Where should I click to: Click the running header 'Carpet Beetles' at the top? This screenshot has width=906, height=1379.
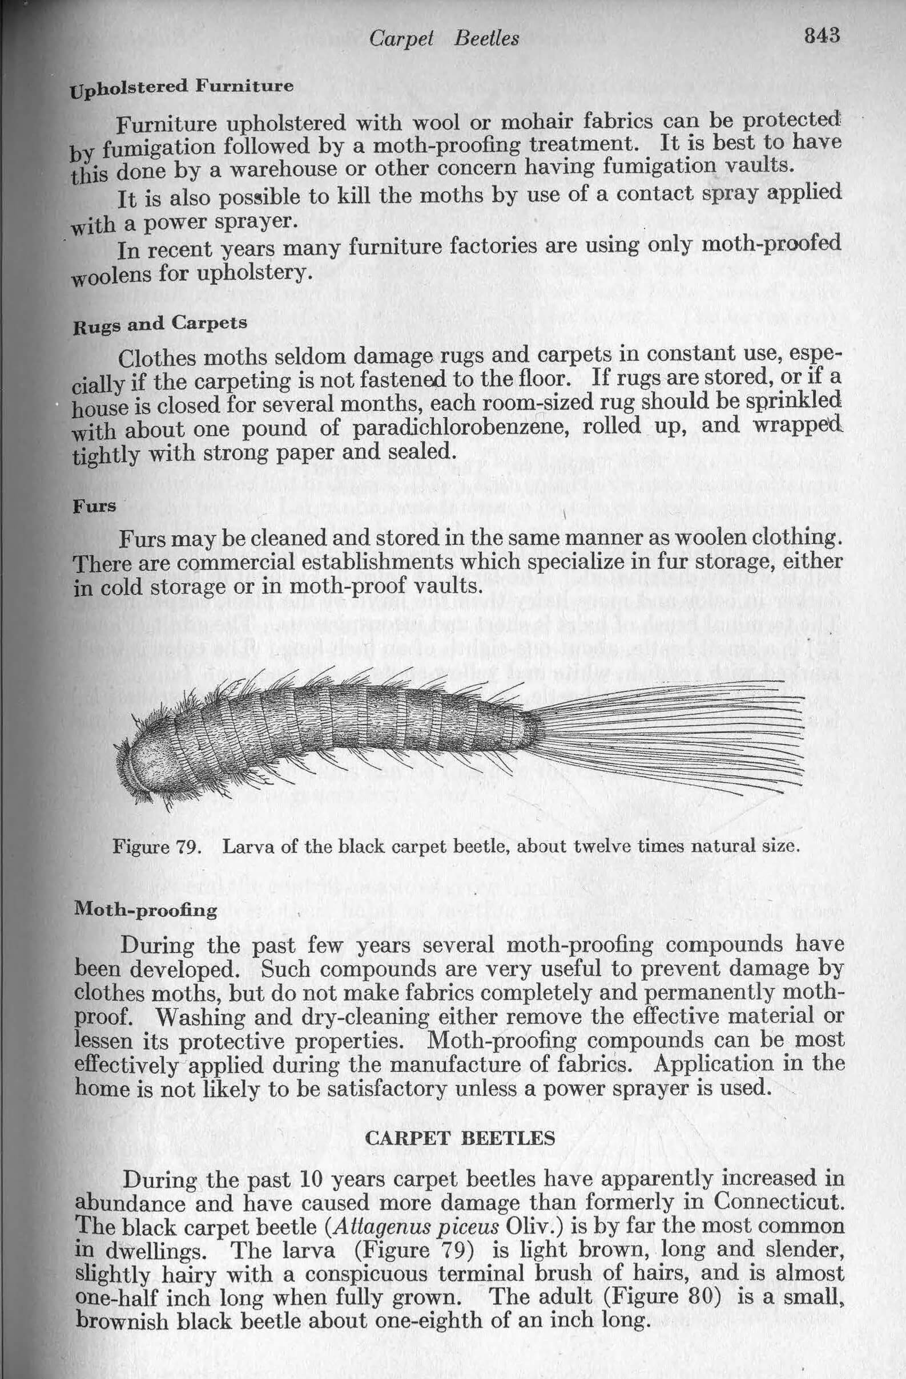point(444,39)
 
